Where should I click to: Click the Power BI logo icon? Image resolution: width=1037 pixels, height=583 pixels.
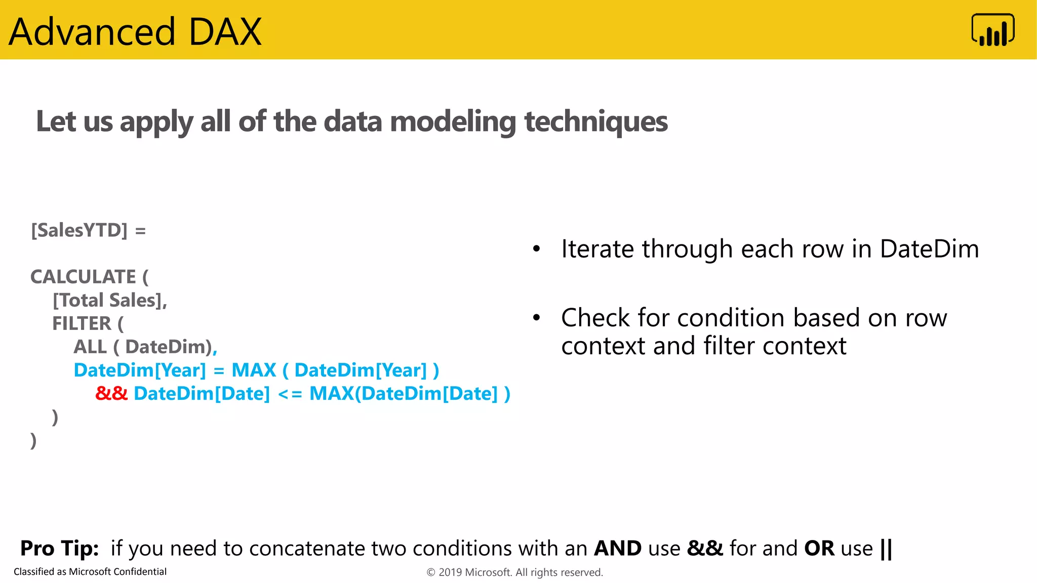[x=992, y=30]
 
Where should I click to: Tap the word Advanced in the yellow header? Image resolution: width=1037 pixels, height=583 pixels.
[x=92, y=32]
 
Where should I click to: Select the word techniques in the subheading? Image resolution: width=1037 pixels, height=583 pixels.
[x=596, y=122]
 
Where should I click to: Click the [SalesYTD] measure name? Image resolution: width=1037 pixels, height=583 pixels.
[x=79, y=231]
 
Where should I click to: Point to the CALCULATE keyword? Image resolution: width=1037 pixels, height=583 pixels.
[x=83, y=277]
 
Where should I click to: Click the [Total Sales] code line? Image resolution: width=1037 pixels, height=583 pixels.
[x=109, y=301]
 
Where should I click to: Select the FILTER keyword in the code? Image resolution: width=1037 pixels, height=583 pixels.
[x=82, y=324]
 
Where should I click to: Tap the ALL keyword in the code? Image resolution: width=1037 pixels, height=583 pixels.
[x=90, y=347]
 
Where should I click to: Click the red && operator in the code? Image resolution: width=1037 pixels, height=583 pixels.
[x=111, y=394]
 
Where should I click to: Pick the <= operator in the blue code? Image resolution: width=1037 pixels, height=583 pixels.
[x=290, y=394]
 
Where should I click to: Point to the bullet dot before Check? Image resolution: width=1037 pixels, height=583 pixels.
[x=537, y=318]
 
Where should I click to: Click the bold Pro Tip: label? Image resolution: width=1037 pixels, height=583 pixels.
[x=59, y=549]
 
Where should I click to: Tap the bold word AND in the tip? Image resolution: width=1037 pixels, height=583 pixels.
[x=618, y=549]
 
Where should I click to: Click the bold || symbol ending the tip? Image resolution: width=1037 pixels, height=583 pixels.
[x=886, y=549]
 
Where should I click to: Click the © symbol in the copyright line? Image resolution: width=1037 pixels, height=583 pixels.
[x=431, y=572]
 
